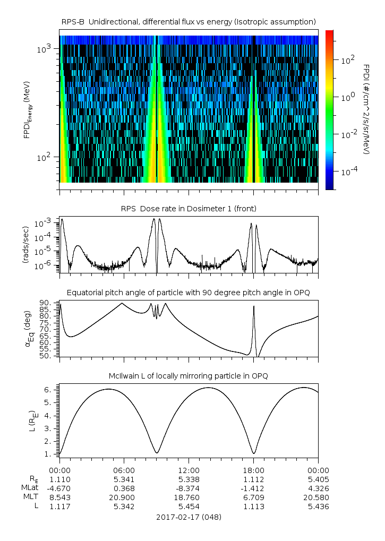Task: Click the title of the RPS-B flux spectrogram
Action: (x=189, y=21)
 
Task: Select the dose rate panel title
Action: (x=189, y=209)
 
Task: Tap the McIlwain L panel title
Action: (x=189, y=376)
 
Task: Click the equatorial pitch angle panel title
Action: (x=189, y=293)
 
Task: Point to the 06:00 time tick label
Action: (x=124, y=470)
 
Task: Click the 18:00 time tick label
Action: (x=254, y=470)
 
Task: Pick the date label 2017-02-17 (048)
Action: (x=189, y=517)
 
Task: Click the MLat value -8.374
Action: (x=189, y=488)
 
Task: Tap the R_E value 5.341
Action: (x=124, y=479)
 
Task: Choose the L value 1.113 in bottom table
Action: (x=254, y=506)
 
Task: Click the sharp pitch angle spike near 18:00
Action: (x=254, y=307)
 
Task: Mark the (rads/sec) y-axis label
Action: (x=25, y=244)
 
